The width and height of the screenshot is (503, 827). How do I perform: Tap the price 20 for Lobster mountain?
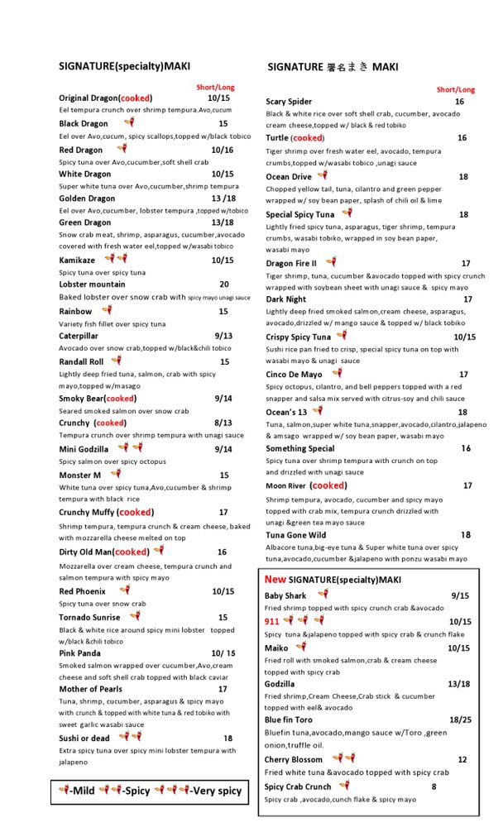tap(224, 284)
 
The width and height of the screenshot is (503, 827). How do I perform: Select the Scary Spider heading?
tap(289, 102)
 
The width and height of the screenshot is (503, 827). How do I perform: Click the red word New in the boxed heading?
tap(275, 580)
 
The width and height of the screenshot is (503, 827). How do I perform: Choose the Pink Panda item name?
tap(79, 653)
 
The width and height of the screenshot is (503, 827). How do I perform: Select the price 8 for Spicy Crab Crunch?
tap(434, 786)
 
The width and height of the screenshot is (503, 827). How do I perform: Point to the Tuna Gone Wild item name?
tap(299, 535)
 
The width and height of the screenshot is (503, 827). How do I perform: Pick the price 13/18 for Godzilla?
tap(459, 684)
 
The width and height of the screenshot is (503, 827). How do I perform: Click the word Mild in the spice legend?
tap(83, 791)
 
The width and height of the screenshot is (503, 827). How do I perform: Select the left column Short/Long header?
tap(215, 87)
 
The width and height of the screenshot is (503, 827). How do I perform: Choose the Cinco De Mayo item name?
tap(294, 375)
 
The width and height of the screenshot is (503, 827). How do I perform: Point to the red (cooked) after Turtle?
tap(308, 138)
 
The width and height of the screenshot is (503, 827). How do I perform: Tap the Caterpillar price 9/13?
tap(223, 337)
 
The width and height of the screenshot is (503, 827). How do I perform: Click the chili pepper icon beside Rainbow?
tap(106, 310)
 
